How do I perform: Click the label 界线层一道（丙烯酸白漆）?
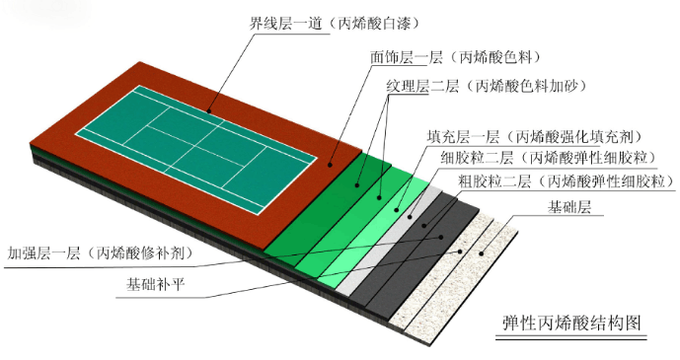pos(334,24)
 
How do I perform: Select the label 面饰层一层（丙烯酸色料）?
pos(456,57)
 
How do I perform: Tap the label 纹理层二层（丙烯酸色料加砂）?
pos(487,87)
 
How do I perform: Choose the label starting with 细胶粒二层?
pos(549,157)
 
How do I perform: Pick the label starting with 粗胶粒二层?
pos(567,181)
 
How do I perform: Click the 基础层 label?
pos(569,207)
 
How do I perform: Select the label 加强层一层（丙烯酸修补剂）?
pos(101,253)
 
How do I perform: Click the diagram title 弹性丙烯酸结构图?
pos(571,324)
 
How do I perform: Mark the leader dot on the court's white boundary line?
pos(209,110)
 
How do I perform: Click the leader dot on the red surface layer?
pos(330,165)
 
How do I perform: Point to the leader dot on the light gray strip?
pos(410,216)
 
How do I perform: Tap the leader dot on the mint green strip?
pos(396,210)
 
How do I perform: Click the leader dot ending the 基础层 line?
pos(481,253)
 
